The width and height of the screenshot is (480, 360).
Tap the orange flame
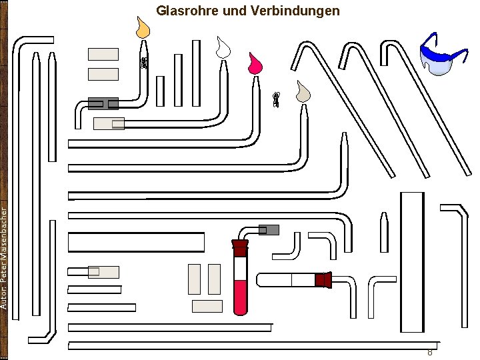(143, 29)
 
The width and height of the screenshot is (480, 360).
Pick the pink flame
(254, 63)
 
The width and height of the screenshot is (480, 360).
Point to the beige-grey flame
(303, 93)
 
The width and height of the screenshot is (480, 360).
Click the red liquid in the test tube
(240, 297)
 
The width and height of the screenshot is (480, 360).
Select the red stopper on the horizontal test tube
(323, 280)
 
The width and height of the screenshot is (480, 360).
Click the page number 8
(430, 352)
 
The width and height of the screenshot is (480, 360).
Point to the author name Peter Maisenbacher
(5, 257)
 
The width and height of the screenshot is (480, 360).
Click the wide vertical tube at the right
(412, 261)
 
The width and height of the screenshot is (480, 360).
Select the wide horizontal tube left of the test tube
(136, 242)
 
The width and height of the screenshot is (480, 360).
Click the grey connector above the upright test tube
(269, 230)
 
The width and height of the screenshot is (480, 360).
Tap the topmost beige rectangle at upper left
(103, 55)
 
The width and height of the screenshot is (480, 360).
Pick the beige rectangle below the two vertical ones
(207, 306)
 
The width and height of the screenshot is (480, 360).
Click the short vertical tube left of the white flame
(197, 63)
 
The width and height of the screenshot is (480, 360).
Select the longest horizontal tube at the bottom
(253, 345)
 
